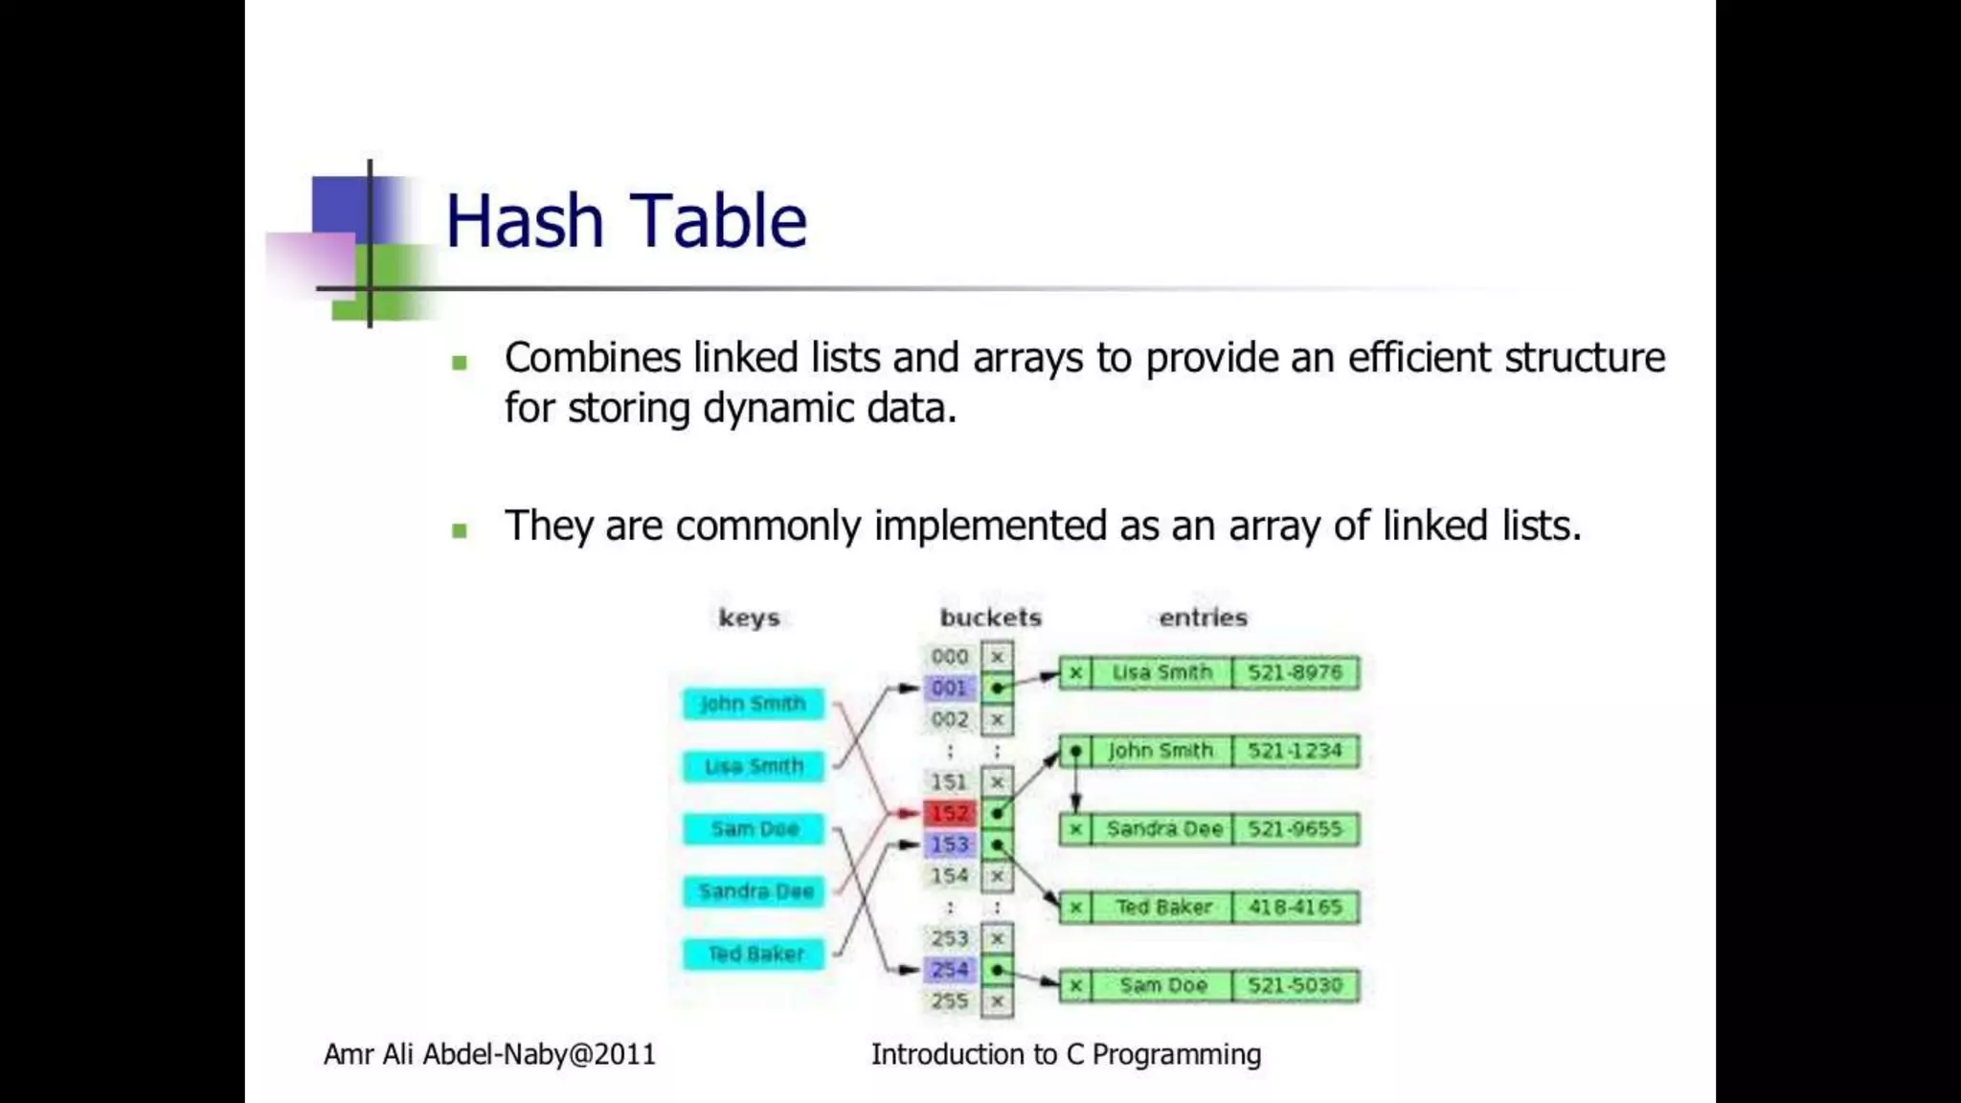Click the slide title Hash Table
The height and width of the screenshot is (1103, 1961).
[626, 221]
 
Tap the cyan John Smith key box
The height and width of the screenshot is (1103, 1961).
[753, 704]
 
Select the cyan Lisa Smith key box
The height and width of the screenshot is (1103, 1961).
[753, 767]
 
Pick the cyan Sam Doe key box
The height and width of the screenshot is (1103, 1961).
[753, 829]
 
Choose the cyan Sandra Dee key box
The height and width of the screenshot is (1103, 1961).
[753, 891]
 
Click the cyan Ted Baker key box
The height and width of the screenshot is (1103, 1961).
[753, 955]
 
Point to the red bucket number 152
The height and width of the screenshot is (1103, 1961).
[950, 814]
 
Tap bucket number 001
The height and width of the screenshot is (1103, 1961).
[950, 688]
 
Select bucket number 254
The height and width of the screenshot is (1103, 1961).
[950, 970]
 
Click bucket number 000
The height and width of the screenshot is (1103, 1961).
[950, 657]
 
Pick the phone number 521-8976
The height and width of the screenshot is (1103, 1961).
[1295, 673]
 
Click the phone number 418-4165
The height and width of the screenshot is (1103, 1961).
[1295, 908]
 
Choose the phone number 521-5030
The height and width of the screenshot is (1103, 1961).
[1295, 986]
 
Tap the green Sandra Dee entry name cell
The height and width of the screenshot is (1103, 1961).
[1163, 829]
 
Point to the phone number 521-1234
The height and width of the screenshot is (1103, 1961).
[1295, 752]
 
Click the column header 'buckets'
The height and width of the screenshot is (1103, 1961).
[990, 618]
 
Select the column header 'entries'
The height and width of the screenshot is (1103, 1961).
[1203, 618]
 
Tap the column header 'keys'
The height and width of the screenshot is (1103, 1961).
[749, 618]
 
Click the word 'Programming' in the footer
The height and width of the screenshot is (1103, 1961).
[1176, 1055]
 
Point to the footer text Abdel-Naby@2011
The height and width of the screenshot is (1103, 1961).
[539, 1055]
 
